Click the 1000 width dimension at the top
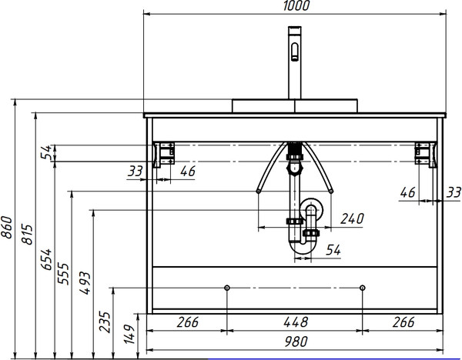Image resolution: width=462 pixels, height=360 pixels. tap(296, 5)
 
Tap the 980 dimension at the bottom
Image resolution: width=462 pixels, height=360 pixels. tap(296, 342)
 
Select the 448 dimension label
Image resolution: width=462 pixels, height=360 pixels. tap(296, 322)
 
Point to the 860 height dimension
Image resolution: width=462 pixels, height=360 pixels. tap(6, 227)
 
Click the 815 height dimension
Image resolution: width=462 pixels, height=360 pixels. tap(27, 235)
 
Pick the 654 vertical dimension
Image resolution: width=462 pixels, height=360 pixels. tap(46, 259)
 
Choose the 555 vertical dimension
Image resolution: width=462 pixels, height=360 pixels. tap(63, 273)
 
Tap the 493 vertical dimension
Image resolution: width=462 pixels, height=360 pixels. tap(85, 283)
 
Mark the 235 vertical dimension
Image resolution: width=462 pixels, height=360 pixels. tap(105, 322)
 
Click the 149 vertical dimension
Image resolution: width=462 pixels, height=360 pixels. tap(129, 334)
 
